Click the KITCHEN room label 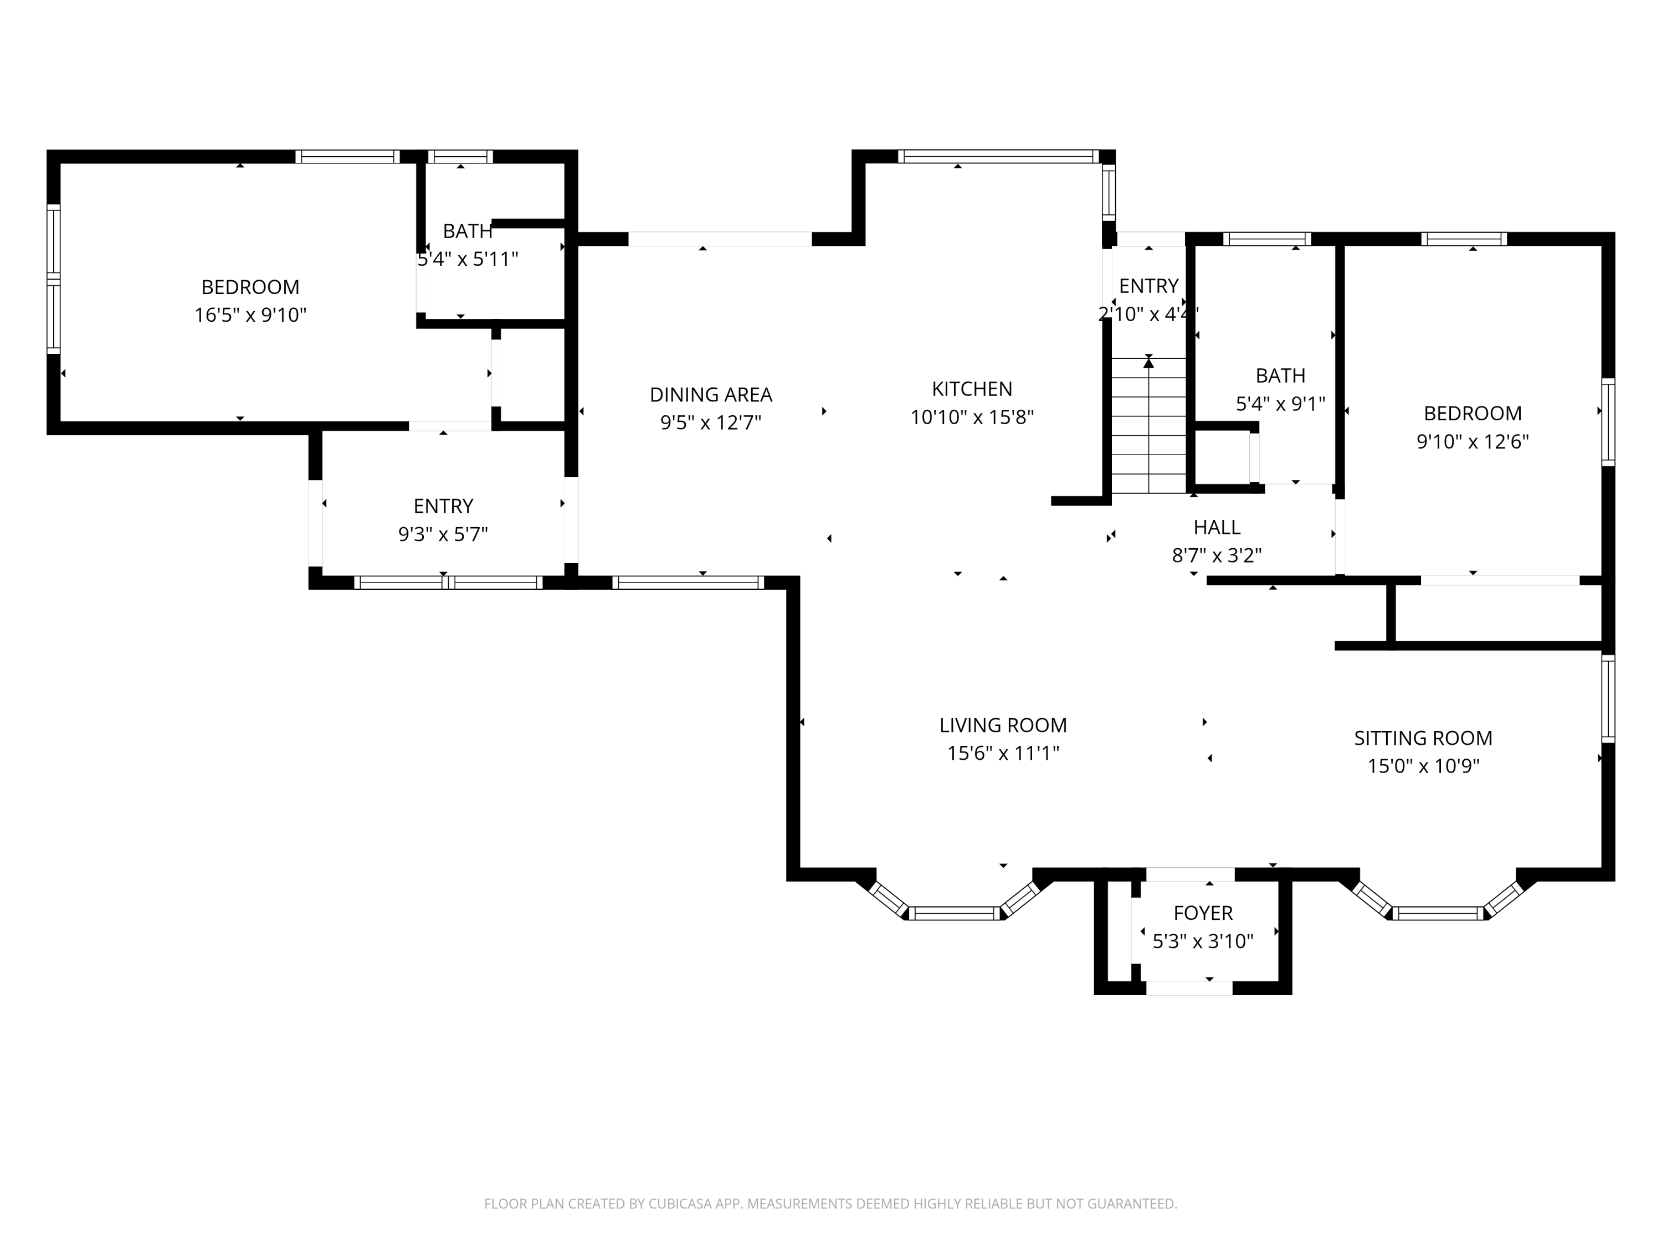[x=972, y=389]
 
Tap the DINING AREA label [x=711, y=394]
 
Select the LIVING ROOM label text [x=1003, y=725]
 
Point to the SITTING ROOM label [x=1423, y=738]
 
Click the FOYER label [x=1203, y=913]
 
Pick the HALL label [x=1217, y=527]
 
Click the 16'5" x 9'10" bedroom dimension [x=250, y=315]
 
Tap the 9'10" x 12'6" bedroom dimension [x=1473, y=441]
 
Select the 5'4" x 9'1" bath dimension [x=1280, y=404]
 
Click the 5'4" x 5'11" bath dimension [x=468, y=259]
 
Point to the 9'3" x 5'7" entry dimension [x=443, y=534]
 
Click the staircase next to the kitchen [x=1149, y=425]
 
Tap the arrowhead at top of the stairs [x=1149, y=363]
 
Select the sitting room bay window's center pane [x=1438, y=913]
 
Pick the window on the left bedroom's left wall [x=53, y=279]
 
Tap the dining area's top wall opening [x=720, y=239]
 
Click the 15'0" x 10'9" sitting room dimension [x=1423, y=766]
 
